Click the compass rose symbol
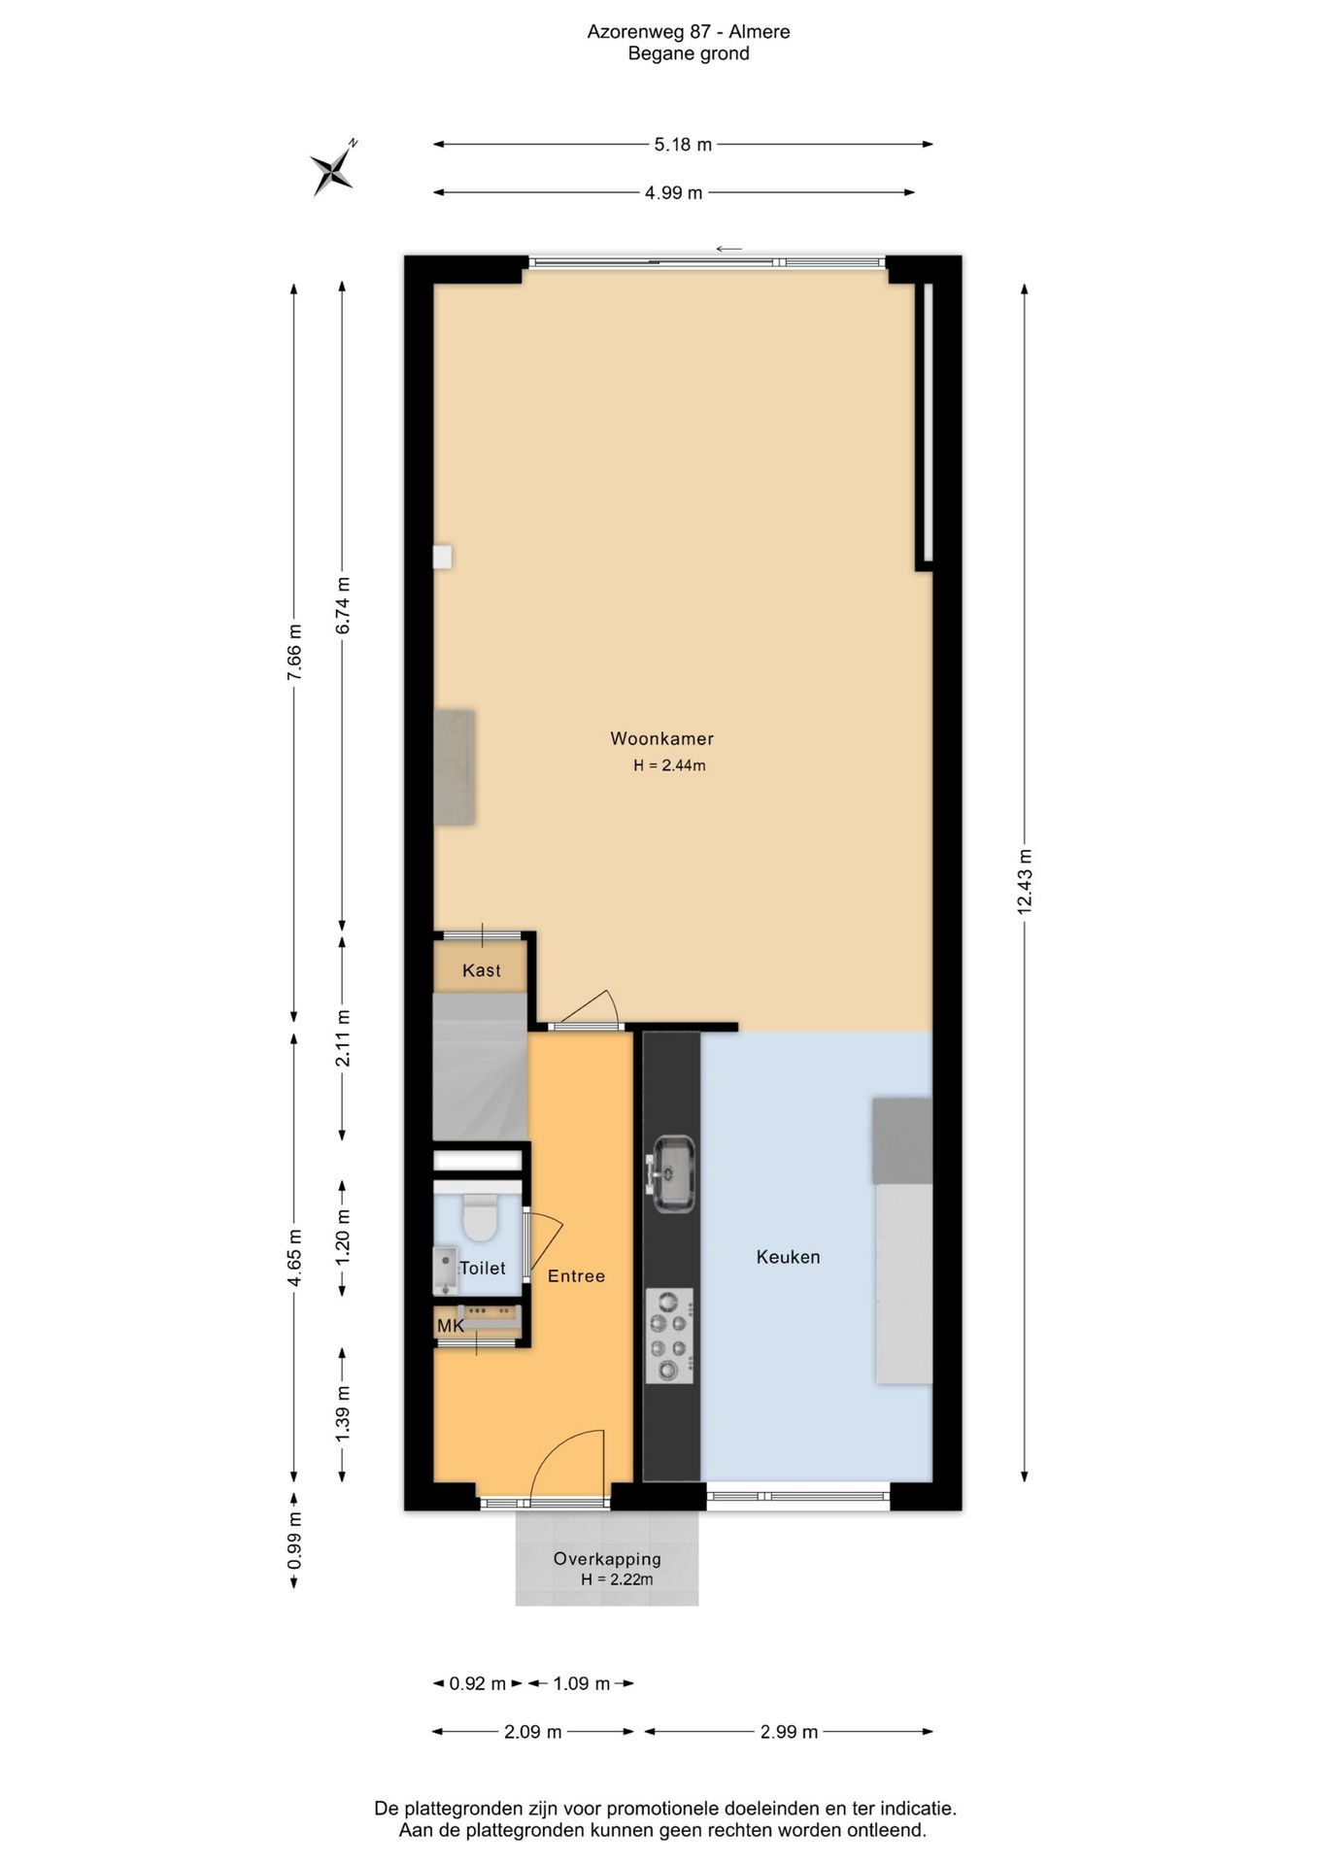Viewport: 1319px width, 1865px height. pyautogui.click(x=333, y=170)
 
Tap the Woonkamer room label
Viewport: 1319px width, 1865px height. pyautogui.click(x=661, y=738)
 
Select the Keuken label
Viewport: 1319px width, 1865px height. pyautogui.click(x=788, y=1257)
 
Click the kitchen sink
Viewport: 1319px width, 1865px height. pyautogui.click(x=672, y=1173)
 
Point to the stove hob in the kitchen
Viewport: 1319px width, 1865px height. pyautogui.click(x=670, y=1336)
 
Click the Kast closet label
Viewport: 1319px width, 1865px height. pyautogui.click(x=482, y=970)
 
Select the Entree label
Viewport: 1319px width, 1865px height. pyautogui.click(x=576, y=1276)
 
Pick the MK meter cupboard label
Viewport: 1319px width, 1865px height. pyautogui.click(x=450, y=1326)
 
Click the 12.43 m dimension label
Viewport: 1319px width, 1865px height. pyautogui.click(x=1025, y=881)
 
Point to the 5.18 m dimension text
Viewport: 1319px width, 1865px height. pyautogui.click(x=683, y=145)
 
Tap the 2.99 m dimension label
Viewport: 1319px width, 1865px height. pyautogui.click(x=789, y=1731)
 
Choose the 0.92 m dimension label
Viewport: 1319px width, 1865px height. pyautogui.click(x=478, y=1683)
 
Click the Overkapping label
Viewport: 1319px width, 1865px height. pyautogui.click(x=607, y=1558)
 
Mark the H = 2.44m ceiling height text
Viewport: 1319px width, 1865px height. pyautogui.click(x=669, y=765)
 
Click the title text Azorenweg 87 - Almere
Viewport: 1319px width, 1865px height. pyautogui.click(x=689, y=32)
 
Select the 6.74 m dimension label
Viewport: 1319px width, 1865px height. pyautogui.click(x=343, y=606)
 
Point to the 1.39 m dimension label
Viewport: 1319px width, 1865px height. pyautogui.click(x=343, y=1413)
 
